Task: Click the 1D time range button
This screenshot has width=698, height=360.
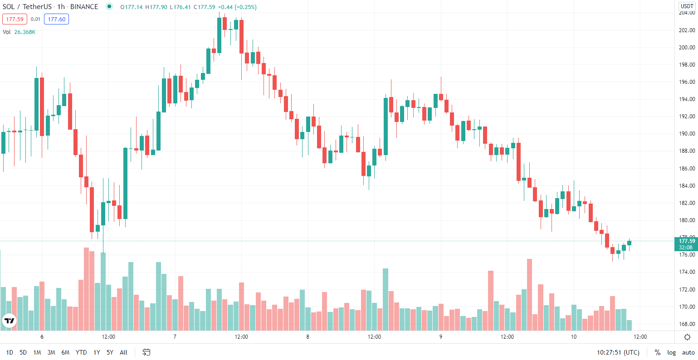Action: pos(10,352)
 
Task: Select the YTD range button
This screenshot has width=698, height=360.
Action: pos(81,352)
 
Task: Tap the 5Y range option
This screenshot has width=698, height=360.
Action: pos(110,352)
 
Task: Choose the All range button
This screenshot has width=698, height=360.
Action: pos(123,352)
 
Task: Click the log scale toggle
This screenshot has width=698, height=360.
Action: pos(671,352)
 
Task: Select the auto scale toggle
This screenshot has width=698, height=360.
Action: pos(688,352)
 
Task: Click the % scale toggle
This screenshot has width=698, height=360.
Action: pos(657,352)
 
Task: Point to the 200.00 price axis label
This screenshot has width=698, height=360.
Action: pos(687,48)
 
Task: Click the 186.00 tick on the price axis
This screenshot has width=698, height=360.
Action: pos(687,168)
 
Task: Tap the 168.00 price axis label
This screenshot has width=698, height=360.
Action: pos(687,324)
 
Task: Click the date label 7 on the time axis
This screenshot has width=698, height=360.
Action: pos(175,337)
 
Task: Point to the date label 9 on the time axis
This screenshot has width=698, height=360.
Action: pos(441,337)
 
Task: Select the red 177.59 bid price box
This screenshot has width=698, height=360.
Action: pos(15,19)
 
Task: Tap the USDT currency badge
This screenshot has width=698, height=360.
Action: pos(687,6)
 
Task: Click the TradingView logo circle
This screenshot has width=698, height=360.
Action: pos(9,321)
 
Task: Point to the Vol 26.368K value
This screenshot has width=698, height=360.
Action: pos(25,32)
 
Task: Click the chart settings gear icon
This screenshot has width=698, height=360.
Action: pos(688,337)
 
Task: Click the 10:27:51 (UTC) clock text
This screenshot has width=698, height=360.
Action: pos(618,352)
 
